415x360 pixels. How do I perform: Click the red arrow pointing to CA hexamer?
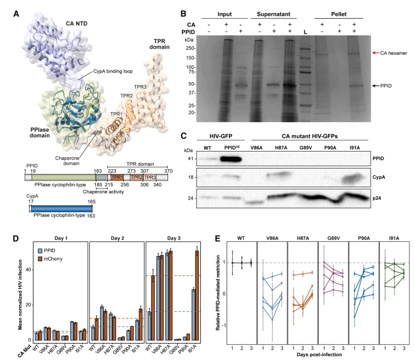point(376,53)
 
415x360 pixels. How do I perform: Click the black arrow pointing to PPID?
point(376,86)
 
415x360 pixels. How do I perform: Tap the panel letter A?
point(16,14)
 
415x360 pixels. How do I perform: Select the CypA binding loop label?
point(113,71)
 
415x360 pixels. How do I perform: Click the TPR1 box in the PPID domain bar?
point(117,177)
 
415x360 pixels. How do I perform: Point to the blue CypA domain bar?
point(61,208)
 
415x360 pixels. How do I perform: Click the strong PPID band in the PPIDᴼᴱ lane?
point(230,159)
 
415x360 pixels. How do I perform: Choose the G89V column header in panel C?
point(306,148)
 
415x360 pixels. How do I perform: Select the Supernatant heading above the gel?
point(273,14)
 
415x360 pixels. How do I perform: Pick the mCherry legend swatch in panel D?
point(40,259)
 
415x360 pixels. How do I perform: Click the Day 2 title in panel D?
point(118,238)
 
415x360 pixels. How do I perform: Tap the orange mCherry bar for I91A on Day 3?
point(197,295)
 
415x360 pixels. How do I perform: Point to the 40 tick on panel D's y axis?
point(28,270)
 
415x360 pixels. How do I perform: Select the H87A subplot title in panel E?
point(303,238)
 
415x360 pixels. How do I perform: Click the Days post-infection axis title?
point(319,355)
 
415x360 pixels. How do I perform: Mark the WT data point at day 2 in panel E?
point(241,263)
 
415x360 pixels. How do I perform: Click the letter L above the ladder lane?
point(306,32)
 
